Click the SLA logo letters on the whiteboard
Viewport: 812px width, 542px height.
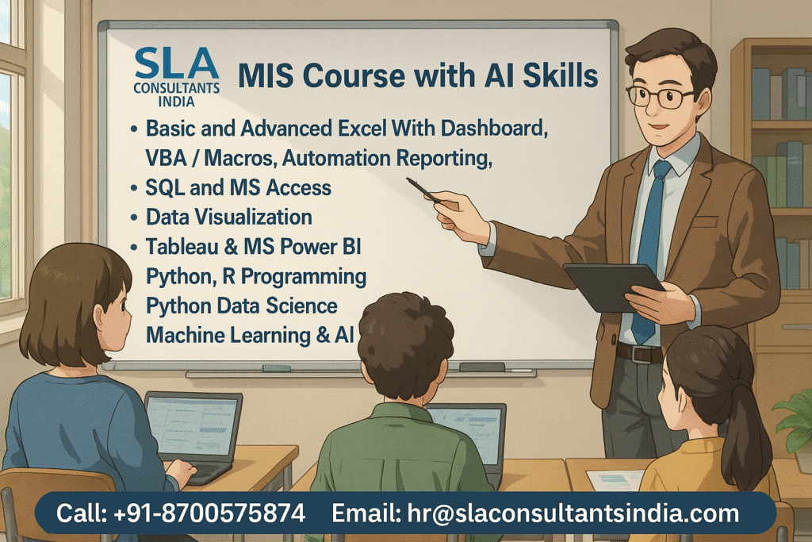pos(176,63)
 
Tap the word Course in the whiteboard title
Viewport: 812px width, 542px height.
pos(354,75)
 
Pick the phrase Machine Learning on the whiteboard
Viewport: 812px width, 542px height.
pos(228,335)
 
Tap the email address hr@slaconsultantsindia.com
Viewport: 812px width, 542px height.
pos(573,513)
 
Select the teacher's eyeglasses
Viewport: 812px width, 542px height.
pos(659,97)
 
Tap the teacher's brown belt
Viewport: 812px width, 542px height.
pos(640,353)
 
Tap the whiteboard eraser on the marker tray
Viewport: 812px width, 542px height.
pos(481,367)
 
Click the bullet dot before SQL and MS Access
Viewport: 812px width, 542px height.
pos(134,188)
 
